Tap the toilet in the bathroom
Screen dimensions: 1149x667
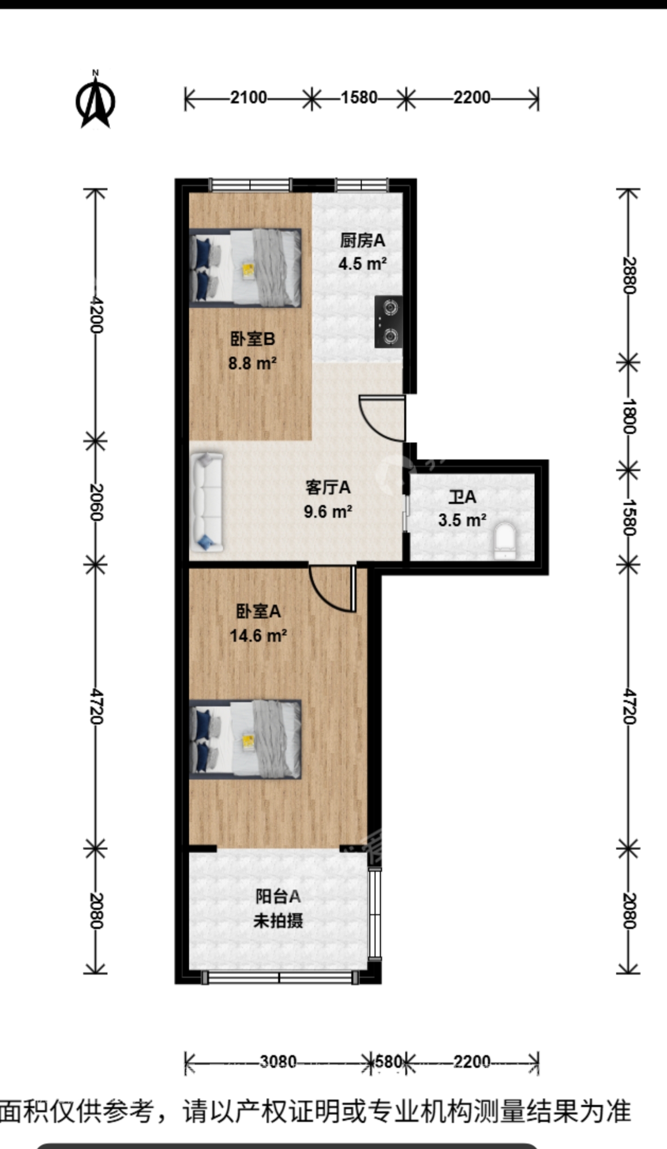click(x=505, y=540)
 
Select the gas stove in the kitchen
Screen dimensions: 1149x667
click(x=389, y=321)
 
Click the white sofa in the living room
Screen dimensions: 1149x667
click(x=206, y=502)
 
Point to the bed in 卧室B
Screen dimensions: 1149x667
click(x=246, y=268)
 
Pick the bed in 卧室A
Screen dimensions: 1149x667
click(x=246, y=739)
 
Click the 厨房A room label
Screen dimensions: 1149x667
click(x=362, y=240)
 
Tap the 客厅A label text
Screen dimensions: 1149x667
click(x=328, y=487)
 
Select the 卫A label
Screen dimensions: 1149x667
click(x=462, y=497)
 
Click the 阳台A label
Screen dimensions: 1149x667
click(x=278, y=896)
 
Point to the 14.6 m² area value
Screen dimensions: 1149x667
click(x=258, y=635)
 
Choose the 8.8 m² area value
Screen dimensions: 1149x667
click(x=252, y=363)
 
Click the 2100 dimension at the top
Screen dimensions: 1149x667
click(x=249, y=97)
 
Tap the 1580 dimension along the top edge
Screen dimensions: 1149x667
click(x=359, y=97)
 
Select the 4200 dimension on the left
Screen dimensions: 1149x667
click(x=96, y=314)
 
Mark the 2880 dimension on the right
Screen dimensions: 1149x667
click(x=628, y=275)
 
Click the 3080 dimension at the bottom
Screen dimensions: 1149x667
click(x=278, y=1062)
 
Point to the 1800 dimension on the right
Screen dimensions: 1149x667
click(x=628, y=416)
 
